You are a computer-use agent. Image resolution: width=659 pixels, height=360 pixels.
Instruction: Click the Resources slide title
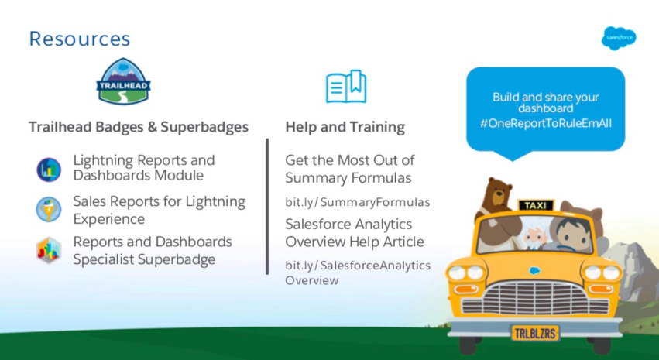(x=80, y=39)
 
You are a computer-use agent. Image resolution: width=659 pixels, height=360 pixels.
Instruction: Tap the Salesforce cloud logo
(x=619, y=38)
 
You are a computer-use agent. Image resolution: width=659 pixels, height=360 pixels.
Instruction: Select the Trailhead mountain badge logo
(x=124, y=81)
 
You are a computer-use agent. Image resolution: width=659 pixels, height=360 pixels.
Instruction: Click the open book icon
(x=346, y=87)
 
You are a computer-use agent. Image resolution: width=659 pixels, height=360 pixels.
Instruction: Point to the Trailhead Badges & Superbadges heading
(x=139, y=127)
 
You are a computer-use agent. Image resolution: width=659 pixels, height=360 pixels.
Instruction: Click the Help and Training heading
(x=345, y=127)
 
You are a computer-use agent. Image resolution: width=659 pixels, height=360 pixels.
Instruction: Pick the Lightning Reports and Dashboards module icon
(x=49, y=170)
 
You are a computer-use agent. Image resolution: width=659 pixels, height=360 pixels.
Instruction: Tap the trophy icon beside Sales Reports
(x=49, y=209)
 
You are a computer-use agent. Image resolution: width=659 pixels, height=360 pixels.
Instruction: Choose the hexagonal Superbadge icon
(x=49, y=250)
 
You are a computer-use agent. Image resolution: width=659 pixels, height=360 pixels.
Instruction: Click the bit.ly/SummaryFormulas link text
(x=358, y=203)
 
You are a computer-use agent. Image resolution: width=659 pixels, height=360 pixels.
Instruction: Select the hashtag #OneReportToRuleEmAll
(x=545, y=124)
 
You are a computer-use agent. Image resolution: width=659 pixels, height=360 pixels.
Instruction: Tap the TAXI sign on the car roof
(x=536, y=205)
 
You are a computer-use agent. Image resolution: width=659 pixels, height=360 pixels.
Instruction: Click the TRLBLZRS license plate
(x=535, y=333)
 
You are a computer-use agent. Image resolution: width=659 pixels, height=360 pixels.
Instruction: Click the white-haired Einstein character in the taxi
(x=534, y=238)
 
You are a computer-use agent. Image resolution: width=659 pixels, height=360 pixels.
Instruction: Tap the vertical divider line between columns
(x=267, y=206)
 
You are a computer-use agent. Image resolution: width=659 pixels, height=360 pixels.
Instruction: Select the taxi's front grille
(x=535, y=298)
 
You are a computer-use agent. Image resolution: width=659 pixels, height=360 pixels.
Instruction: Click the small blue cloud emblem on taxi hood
(x=534, y=270)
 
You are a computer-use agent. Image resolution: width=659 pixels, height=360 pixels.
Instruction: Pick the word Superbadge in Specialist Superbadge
(x=177, y=259)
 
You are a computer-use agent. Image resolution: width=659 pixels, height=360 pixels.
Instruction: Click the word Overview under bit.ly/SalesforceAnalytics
(x=312, y=280)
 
